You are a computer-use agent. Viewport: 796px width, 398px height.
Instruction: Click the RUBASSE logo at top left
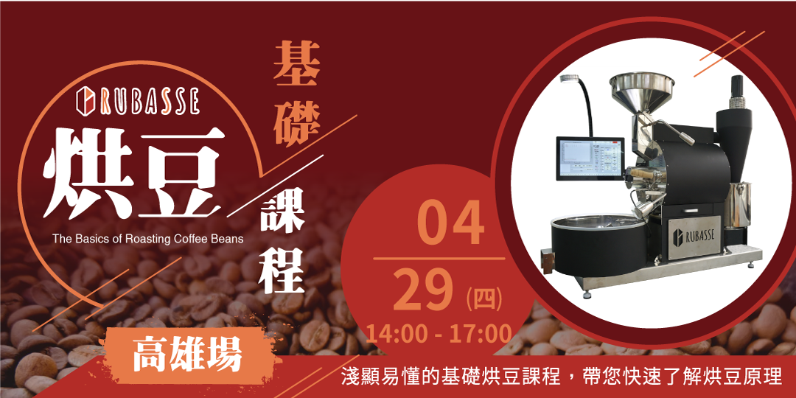click(x=138, y=102)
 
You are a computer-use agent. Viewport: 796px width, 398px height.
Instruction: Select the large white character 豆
click(x=182, y=171)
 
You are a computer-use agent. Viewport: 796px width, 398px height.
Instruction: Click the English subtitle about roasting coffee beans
click(x=147, y=239)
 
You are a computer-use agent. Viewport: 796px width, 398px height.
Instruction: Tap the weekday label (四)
click(x=484, y=298)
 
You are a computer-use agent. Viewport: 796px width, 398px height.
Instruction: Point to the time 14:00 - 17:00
click(x=439, y=333)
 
